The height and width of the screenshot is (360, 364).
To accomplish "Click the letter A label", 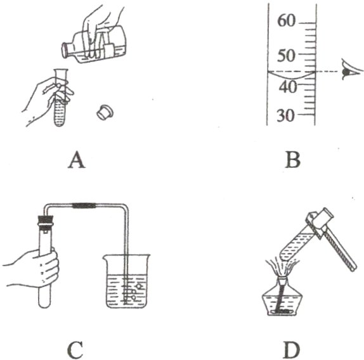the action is [x=77, y=160].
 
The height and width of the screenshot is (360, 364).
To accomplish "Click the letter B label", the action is [x=293, y=160].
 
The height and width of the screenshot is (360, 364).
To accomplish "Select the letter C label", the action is [x=75, y=350].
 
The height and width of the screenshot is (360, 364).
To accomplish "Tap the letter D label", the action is [x=292, y=350].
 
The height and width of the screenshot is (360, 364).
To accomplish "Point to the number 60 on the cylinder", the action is [x=287, y=21].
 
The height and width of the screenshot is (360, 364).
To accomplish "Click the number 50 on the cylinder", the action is [x=287, y=56].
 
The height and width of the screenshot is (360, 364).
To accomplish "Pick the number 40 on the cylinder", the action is [x=288, y=87].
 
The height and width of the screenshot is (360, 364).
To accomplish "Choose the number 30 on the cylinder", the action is [x=286, y=115].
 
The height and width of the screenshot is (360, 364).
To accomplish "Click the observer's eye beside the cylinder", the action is [x=351, y=71].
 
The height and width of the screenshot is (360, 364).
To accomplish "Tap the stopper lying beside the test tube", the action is [x=105, y=113].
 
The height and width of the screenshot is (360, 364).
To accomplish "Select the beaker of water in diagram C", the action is [x=127, y=281].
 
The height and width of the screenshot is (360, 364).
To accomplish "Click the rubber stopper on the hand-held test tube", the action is [x=46, y=222].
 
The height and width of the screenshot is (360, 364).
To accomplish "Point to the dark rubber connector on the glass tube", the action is [x=84, y=205].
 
